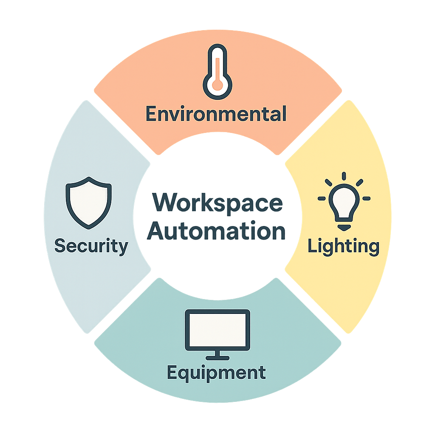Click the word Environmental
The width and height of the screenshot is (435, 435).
216,114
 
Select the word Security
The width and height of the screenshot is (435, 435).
91,246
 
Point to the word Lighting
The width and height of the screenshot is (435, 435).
343,246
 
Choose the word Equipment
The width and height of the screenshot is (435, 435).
217,373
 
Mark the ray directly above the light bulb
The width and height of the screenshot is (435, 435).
344,176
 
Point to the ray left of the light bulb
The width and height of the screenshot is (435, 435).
322,198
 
